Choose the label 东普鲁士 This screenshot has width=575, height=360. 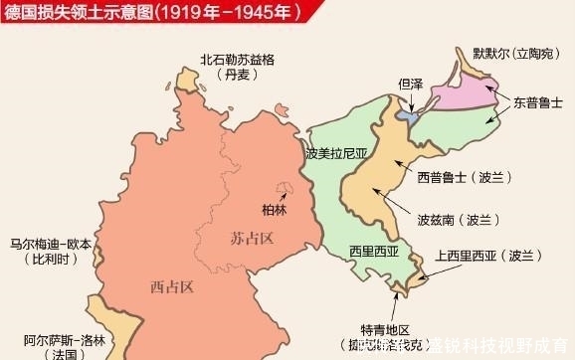(x=537, y=102)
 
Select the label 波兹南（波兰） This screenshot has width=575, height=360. (x=459, y=219)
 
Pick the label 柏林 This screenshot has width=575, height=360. (x=273, y=210)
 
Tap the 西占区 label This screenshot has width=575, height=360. (x=170, y=287)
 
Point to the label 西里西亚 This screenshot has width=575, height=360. (x=374, y=253)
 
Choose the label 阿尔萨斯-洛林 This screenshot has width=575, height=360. (x=51, y=336)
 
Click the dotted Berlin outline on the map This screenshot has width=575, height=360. (x=287, y=190)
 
